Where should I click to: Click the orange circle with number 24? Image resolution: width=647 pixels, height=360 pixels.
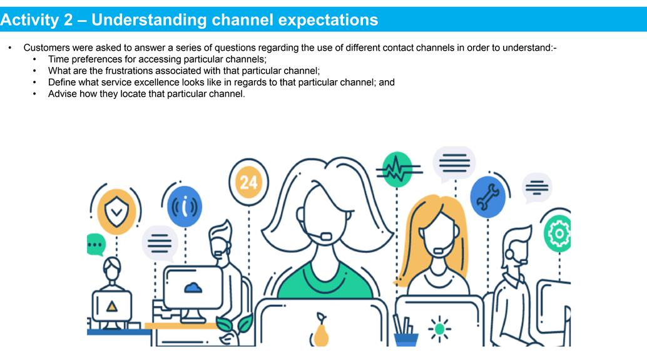click(x=249, y=182)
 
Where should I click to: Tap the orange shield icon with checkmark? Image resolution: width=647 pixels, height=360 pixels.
click(x=117, y=212)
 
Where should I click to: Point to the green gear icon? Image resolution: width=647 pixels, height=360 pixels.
click(x=558, y=234)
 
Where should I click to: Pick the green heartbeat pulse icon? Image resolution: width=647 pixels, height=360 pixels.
click(x=397, y=169)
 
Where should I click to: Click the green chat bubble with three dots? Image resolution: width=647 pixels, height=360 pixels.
click(x=96, y=244)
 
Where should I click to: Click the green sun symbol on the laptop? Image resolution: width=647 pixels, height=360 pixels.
click(x=439, y=329)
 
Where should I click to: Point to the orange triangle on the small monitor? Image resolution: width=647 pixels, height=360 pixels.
click(x=112, y=306)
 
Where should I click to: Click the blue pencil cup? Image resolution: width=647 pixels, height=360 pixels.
click(x=406, y=339)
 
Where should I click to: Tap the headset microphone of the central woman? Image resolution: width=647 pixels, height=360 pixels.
click(x=326, y=237)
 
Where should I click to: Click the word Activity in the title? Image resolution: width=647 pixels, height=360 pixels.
click(x=31, y=20)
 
